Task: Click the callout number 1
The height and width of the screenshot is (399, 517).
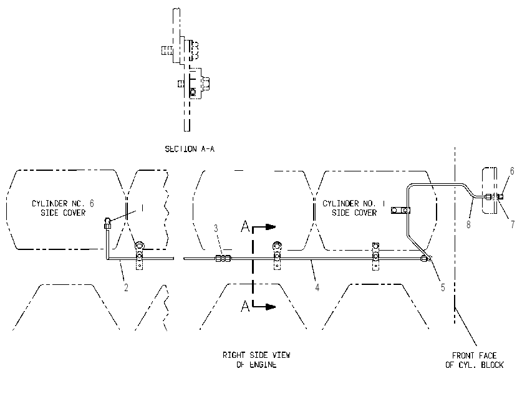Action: (x=142, y=208)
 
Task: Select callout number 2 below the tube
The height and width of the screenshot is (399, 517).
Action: (x=126, y=287)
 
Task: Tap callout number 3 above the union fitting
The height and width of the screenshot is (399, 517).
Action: (x=216, y=228)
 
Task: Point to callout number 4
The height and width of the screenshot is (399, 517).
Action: (x=317, y=287)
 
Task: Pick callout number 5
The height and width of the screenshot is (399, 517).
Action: (x=443, y=287)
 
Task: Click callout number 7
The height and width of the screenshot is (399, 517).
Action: (x=513, y=224)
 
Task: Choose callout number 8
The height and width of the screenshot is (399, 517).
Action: (x=468, y=224)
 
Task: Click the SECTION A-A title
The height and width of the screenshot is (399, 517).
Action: (x=190, y=149)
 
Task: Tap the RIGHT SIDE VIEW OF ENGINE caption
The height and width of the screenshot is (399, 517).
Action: (x=256, y=360)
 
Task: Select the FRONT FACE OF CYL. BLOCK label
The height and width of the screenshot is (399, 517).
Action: (x=475, y=360)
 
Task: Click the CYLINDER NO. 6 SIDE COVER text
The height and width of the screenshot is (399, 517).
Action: (x=63, y=208)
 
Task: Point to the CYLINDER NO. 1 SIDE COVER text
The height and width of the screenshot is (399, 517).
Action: (x=354, y=208)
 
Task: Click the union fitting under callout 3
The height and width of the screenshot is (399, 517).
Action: (x=223, y=259)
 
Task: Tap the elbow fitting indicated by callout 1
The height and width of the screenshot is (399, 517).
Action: (x=107, y=223)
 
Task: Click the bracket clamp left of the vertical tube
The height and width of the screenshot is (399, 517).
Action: (x=400, y=210)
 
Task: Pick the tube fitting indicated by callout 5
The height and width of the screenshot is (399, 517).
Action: (x=426, y=259)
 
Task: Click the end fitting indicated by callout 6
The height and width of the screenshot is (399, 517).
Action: (x=500, y=197)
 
